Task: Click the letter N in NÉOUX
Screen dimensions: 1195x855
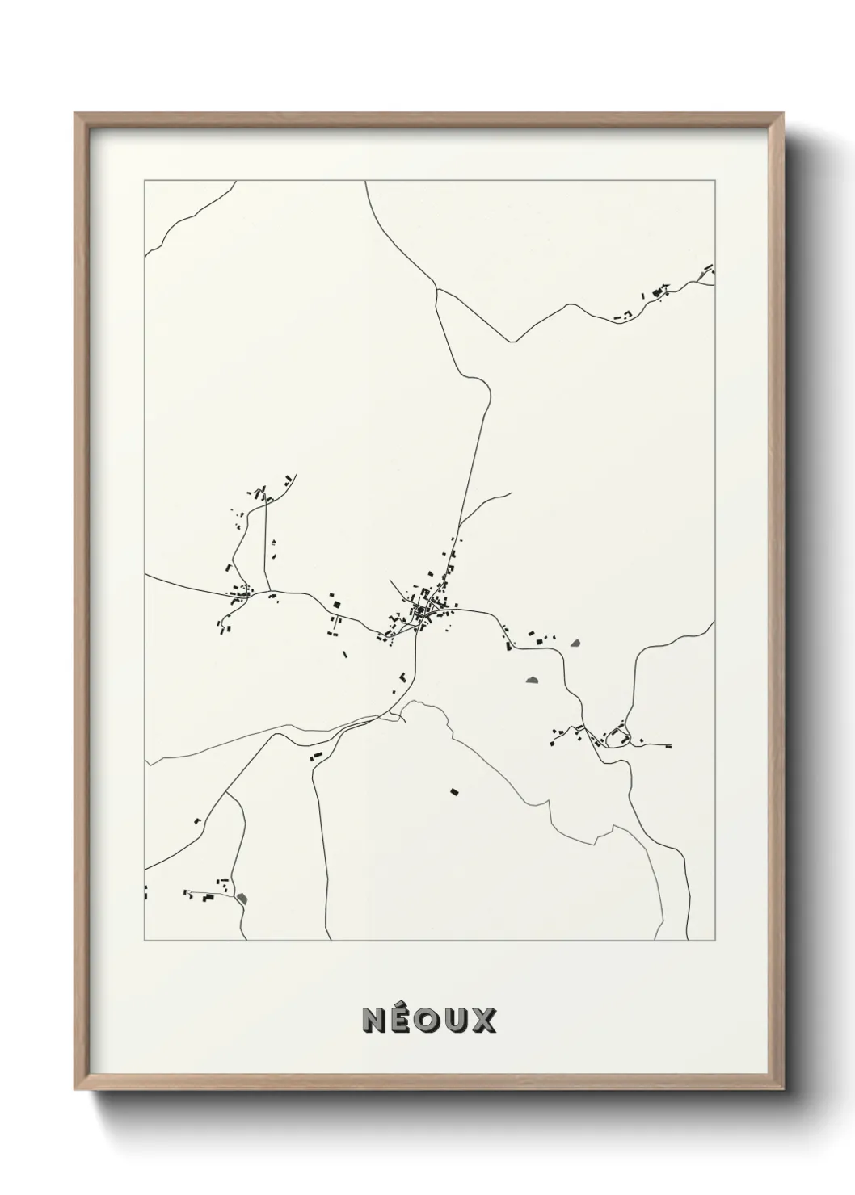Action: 375,1020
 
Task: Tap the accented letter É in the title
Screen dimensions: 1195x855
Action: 402,1020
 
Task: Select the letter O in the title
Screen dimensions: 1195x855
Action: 429,1020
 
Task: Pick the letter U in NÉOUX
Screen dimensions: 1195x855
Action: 457,1020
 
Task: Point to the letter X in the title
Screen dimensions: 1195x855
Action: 483,1020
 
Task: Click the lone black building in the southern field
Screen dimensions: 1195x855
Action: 454,792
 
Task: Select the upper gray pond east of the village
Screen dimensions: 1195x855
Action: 575,644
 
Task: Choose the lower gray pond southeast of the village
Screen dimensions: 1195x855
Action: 532,681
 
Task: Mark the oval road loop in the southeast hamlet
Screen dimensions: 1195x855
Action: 618,736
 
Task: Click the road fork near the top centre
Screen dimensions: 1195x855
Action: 436,288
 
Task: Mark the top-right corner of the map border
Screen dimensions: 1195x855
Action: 714,181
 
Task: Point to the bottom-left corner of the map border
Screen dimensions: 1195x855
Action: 145,941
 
